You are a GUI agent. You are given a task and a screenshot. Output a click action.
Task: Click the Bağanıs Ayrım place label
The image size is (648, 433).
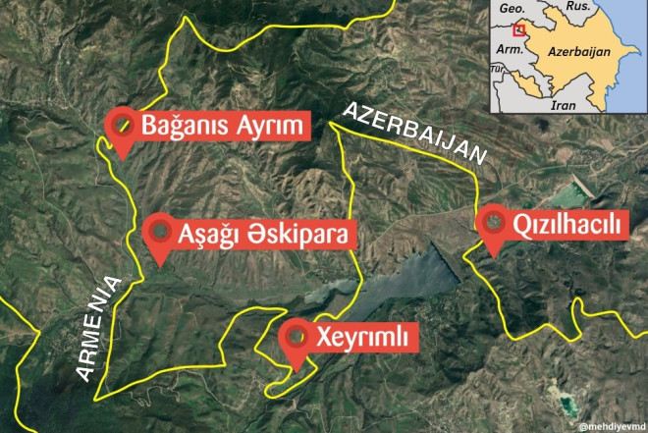click(x=224, y=126)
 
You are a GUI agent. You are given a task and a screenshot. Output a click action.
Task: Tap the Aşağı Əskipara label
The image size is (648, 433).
click(x=262, y=234)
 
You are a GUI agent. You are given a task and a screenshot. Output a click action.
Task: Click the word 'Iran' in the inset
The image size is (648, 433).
click(x=564, y=104)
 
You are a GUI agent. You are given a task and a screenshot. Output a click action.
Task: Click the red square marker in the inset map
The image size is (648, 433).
click(x=519, y=29)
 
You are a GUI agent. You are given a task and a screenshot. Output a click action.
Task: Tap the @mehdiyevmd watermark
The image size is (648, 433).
click(x=611, y=426)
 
